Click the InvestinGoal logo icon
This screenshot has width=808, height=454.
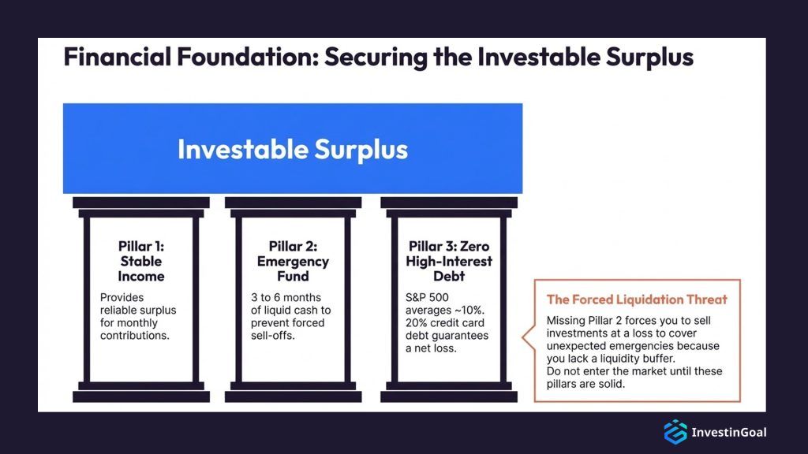tap(675, 431)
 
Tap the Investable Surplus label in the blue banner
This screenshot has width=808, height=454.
tap(292, 149)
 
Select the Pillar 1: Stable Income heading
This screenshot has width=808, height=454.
tap(141, 261)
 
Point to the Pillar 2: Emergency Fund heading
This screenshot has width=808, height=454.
tap(293, 261)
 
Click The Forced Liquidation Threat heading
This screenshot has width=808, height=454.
tap(637, 300)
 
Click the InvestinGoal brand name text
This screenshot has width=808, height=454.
tap(728, 432)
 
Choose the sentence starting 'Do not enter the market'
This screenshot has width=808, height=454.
tap(634, 377)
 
